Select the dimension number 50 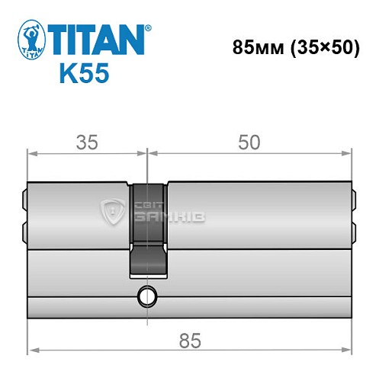point(249,142)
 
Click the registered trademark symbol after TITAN point(148,28)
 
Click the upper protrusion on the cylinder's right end point(354,200)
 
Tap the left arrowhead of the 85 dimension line point(32,351)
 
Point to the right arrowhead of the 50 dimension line point(352,152)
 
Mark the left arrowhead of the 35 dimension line point(32,152)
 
